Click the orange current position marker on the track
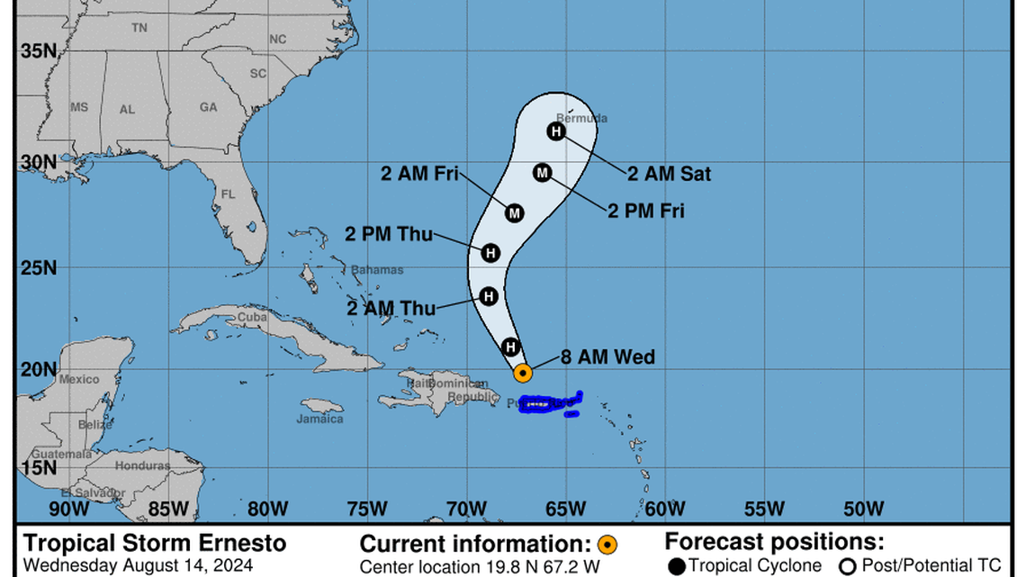pos(522,372)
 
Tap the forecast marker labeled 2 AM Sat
pos(557,131)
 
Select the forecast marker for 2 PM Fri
pos(542,172)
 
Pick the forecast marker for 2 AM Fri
pos(514,212)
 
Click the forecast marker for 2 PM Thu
pos(490,253)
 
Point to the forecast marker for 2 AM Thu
pos(489,295)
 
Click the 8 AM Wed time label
pos(607,357)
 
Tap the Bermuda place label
pos(581,118)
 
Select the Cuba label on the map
pos(252,318)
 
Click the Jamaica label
pos(320,419)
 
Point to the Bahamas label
pos(377,269)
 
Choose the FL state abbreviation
pos(228,194)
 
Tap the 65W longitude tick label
pos(566,509)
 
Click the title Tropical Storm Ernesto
pos(155,543)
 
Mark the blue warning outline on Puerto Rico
pos(549,404)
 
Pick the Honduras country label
pos(142,465)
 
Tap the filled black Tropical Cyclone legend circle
pos(677,565)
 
